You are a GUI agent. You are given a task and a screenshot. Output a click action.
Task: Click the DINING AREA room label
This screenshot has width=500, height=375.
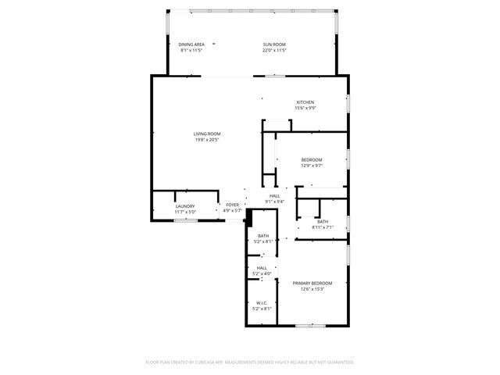click(x=191, y=45)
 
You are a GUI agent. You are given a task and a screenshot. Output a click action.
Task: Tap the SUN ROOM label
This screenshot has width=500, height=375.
click(x=274, y=45)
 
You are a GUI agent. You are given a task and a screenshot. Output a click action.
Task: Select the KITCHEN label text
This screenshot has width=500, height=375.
click(x=305, y=102)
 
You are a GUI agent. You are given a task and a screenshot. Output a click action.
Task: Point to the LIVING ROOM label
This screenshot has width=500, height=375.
click(x=207, y=134)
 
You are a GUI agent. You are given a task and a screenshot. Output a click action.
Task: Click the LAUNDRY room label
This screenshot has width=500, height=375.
click(x=185, y=206)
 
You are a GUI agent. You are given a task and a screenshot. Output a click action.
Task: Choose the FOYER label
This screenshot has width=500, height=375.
click(x=233, y=205)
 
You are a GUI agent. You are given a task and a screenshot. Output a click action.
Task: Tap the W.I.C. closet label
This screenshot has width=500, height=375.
click(x=262, y=303)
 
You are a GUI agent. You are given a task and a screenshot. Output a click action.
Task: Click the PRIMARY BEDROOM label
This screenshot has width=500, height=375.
click(x=312, y=283)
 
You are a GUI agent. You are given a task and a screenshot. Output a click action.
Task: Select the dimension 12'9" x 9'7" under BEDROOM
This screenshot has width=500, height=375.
click(x=312, y=166)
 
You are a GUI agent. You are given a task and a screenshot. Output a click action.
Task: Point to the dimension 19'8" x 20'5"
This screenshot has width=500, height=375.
click(x=207, y=140)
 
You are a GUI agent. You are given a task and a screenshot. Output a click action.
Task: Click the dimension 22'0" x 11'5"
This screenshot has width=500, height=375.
click(x=274, y=51)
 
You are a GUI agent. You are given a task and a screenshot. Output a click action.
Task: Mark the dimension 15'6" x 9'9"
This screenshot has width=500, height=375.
click(x=305, y=109)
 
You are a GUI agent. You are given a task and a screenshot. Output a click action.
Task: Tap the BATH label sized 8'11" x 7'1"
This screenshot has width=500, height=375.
click(x=323, y=221)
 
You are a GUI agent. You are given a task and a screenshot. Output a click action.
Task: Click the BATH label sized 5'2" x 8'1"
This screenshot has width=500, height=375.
click(x=263, y=236)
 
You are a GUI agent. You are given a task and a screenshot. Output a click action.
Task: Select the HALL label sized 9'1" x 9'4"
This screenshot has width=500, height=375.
click(x=274, y=195)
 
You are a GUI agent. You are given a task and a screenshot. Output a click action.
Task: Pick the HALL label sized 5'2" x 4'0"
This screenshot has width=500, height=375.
click(x=262, y=268)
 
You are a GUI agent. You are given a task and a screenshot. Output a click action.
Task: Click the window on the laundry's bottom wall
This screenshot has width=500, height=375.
click(x=185, y=220)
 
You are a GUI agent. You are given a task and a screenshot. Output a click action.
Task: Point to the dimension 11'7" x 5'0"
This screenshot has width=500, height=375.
click(x=185, y=212)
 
